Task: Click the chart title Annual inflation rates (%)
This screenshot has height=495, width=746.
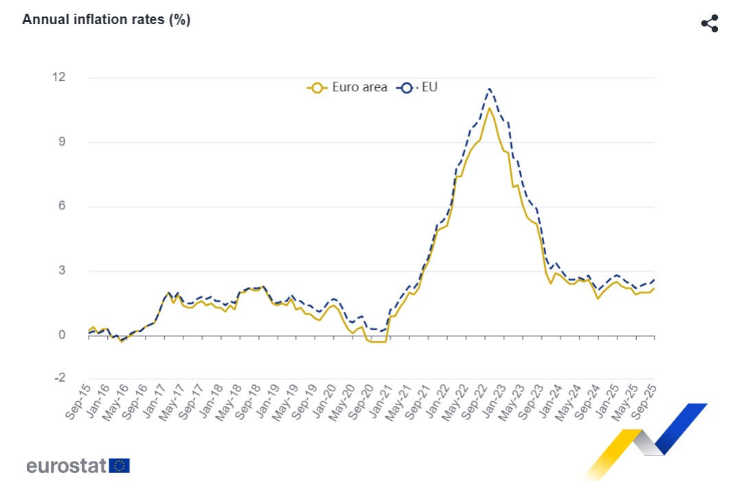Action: (x=106, y=19)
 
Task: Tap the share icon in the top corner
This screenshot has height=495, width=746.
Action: (x=709, y=23)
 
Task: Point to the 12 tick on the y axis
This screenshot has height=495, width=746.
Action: (x=58, y=78)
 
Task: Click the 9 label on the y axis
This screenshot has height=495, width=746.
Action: (x=61, y=142)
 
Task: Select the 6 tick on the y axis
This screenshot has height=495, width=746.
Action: (x=61, y=207)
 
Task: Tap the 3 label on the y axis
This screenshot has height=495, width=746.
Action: (x=61, y=271)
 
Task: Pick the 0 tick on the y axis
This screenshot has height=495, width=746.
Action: (x=61, y=336)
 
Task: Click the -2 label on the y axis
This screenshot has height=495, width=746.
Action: (x=59, y=378)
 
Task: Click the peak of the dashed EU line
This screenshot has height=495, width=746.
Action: (x=489, y=88)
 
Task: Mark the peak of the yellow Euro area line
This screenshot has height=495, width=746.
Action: (x=489, y=108)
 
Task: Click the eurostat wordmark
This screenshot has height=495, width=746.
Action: (x=66, y=466)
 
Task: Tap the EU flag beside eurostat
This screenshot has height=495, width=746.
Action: (x=120, y=466)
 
